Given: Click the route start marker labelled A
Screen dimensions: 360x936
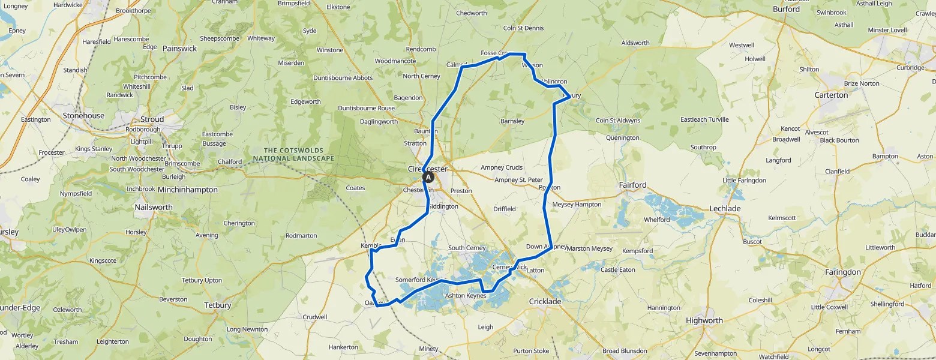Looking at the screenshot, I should click(x=428, y=178).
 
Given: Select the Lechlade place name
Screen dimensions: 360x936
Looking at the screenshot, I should click(x=725, y=208).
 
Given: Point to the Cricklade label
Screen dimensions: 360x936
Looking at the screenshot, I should click(x=545, y=301).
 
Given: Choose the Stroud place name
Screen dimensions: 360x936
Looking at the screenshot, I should click(x=152, y=119).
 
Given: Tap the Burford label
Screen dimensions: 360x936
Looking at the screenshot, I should click(x=786, y=9).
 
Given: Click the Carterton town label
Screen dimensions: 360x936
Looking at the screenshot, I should click(x=831, y=95).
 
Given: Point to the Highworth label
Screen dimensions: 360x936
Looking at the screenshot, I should click(x=704, y=320).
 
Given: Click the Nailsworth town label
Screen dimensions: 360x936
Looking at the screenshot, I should click(x=154, y=207).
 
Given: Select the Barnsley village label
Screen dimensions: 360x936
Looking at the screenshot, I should click(x=512, y=121).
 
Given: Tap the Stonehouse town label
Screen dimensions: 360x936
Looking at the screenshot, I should click(x=83, y=116).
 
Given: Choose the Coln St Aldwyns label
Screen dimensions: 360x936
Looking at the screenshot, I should click(x=617, y=121).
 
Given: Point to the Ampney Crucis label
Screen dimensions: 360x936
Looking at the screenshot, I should click(x=501, y=168).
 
